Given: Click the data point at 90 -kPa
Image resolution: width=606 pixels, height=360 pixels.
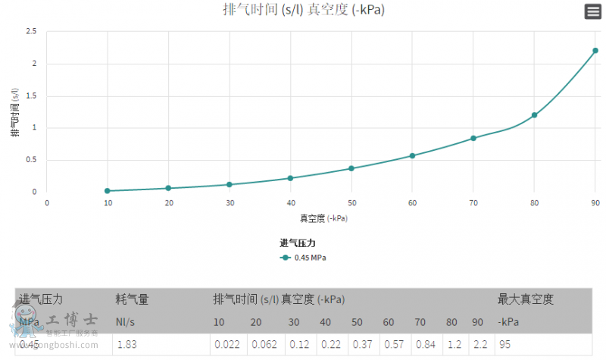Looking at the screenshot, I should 595,51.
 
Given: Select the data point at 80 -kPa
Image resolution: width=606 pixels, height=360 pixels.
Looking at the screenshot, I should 534,115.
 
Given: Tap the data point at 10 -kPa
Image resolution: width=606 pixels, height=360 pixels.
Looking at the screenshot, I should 108,191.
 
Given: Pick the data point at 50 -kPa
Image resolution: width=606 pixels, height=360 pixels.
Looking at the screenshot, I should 351,168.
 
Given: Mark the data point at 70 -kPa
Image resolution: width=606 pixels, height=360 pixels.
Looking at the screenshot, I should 473,138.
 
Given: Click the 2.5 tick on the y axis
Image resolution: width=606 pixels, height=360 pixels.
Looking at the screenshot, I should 31,32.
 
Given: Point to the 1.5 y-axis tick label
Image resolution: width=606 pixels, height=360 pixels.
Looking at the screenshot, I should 31,96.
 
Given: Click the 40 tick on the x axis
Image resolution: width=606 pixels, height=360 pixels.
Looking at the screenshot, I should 290,203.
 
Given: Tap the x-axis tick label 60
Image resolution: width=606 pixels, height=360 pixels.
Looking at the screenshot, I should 412,203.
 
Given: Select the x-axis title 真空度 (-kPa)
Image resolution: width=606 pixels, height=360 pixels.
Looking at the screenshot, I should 323,218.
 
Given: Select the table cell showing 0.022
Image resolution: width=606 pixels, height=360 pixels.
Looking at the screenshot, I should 226,344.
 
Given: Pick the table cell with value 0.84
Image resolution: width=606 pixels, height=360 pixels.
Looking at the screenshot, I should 424,344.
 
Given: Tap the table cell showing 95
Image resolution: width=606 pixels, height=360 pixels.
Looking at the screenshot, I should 504,344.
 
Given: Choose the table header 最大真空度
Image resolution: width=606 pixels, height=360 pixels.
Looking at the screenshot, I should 525,299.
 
